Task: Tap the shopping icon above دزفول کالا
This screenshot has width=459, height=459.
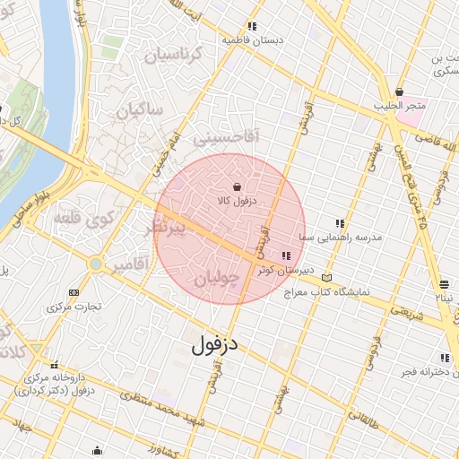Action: [237, 186]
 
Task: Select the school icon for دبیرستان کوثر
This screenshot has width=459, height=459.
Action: [285, 255]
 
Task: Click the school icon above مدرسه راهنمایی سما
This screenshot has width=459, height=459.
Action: [339, 223]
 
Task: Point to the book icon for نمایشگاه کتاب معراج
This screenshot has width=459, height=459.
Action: [325, 278]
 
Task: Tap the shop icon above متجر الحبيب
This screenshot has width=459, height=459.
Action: [399, 91]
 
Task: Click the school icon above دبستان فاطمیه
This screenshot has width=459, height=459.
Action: [252, 26]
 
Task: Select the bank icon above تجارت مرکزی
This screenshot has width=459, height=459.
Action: [74, 292]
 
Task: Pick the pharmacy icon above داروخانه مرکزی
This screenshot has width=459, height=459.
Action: [56, 365]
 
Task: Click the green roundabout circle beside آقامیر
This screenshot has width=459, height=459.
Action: [95, 264]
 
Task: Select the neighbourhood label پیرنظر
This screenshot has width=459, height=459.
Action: [169, 229]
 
